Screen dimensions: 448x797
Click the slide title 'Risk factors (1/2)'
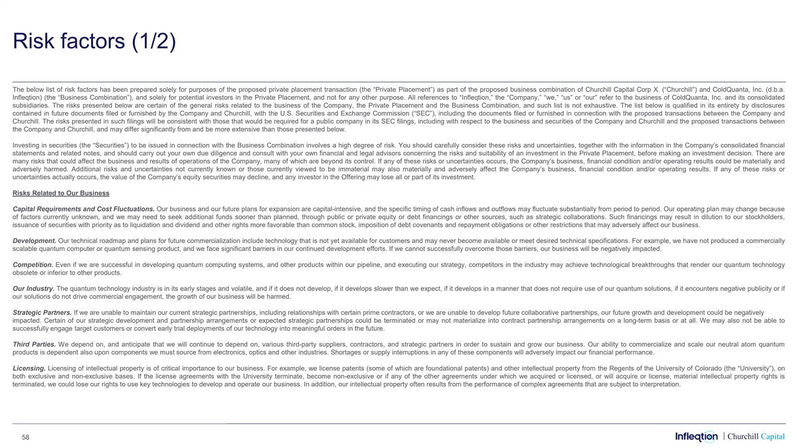click(x=94, y=42)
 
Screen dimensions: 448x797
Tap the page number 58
click(x=25, y=436)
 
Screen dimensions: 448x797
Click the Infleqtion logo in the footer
click(x=696, y=436)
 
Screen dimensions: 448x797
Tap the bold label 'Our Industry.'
click(x=34, y=288)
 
